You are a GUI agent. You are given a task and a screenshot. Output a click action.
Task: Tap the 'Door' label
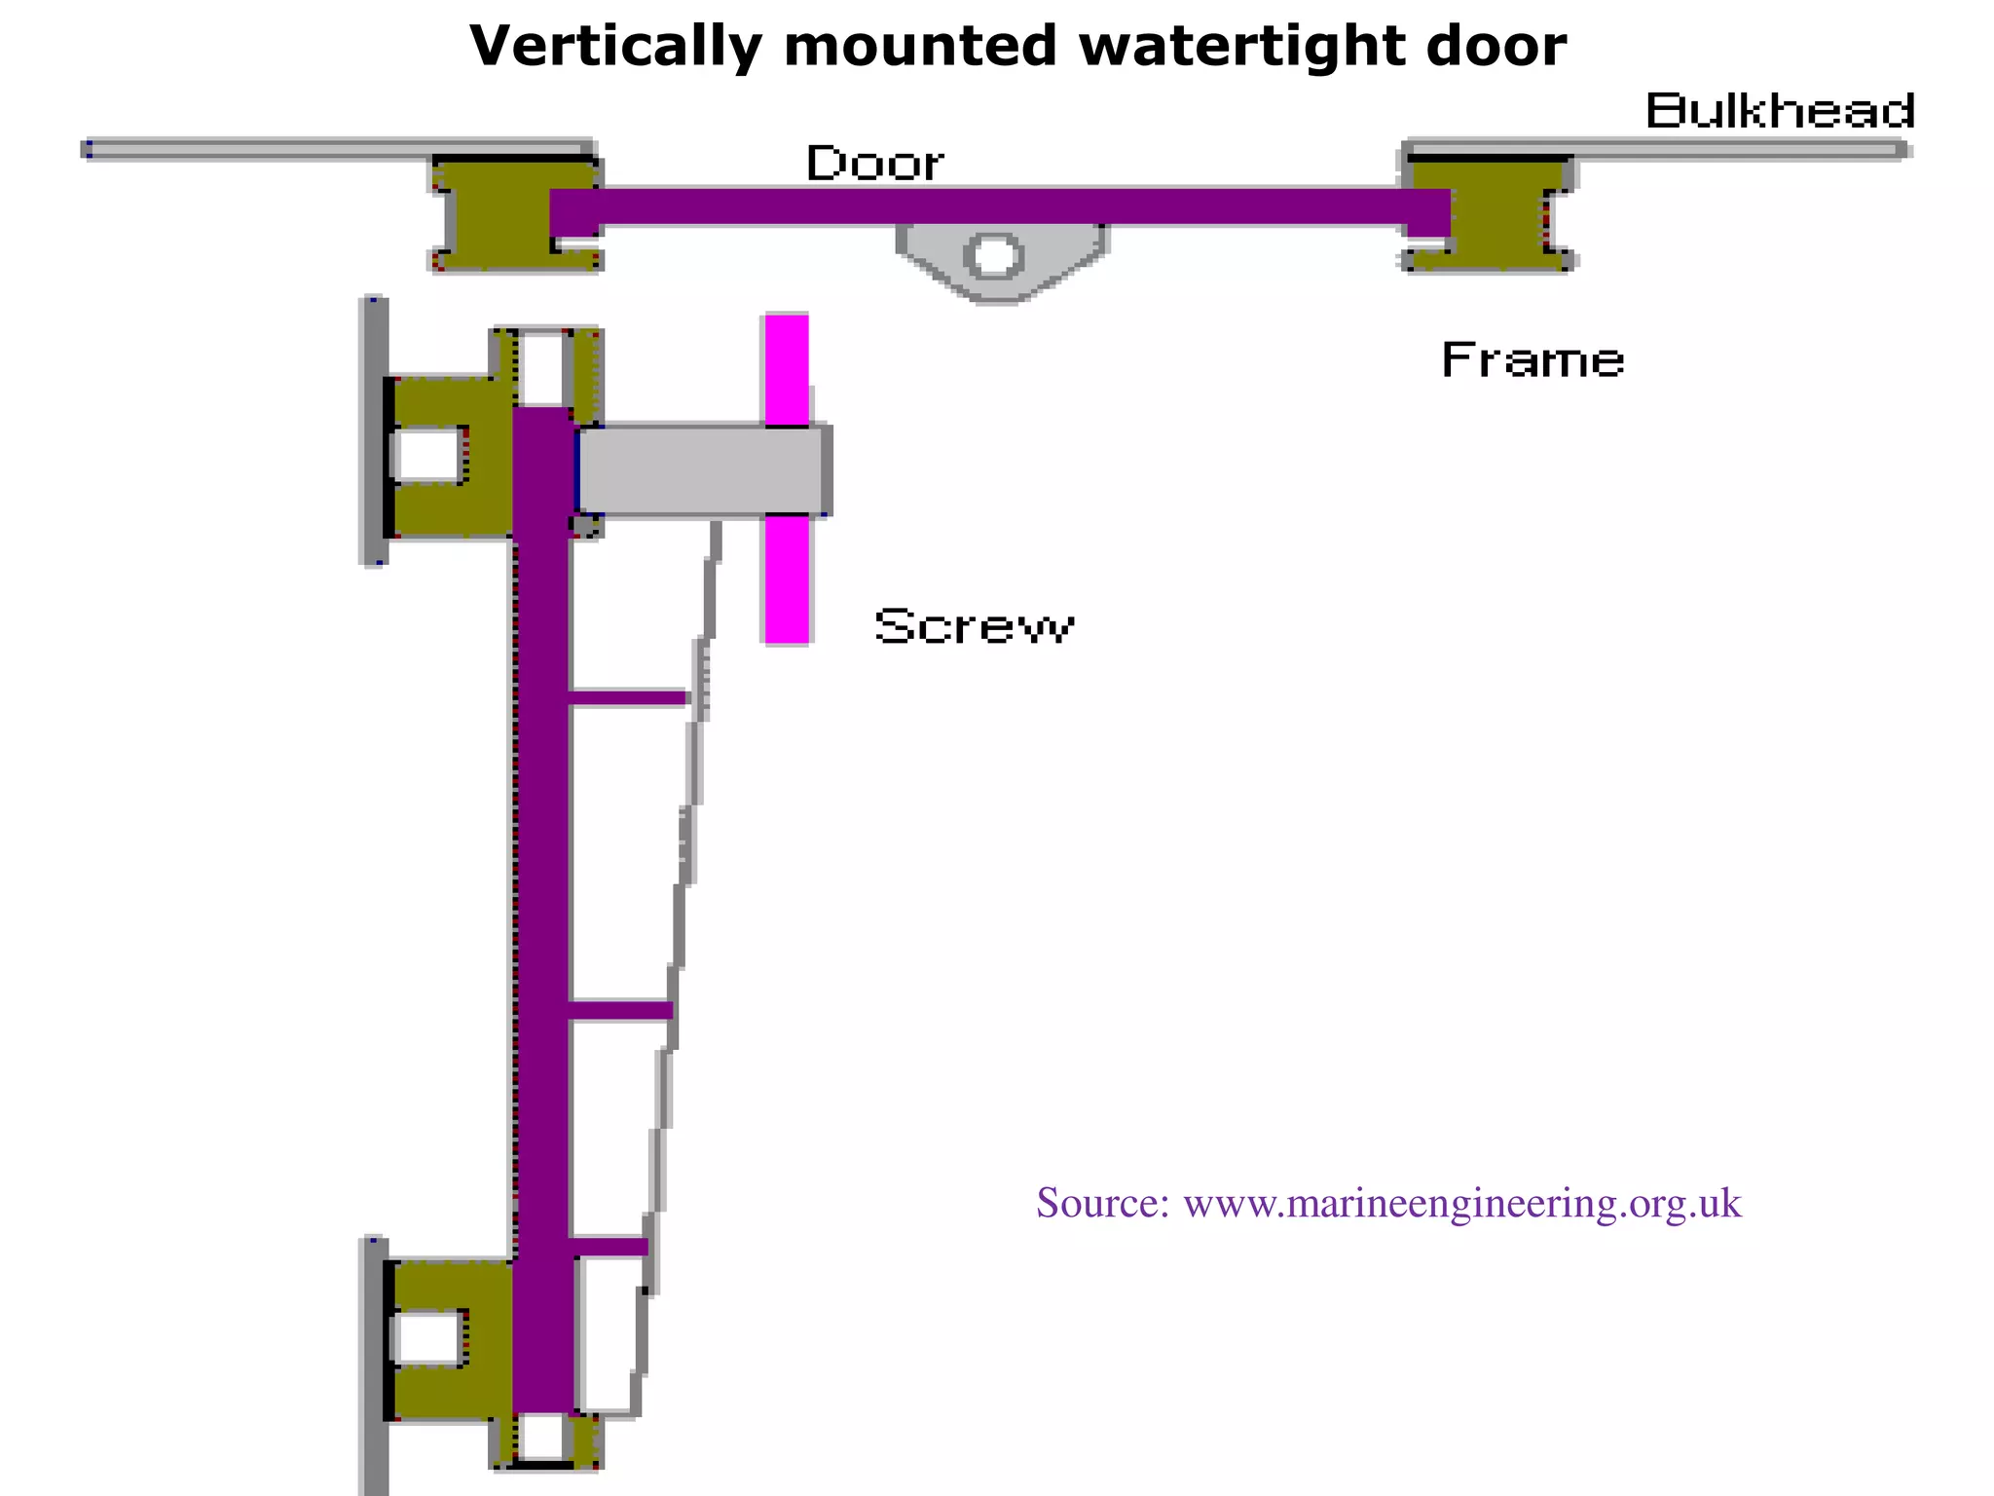tap(874, 163)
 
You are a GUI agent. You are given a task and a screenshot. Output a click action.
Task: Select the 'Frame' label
tap(1532, 360)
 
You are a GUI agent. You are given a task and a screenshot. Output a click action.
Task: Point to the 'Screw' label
tap(974, 625)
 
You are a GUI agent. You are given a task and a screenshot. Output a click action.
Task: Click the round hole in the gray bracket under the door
tap(993, 257)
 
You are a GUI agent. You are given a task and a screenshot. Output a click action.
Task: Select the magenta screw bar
tap(787, 584)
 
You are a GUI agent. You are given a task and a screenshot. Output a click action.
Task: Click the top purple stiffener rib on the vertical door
tap(629, 697)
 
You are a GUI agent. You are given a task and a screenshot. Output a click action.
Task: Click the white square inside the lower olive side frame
tap(428, 1338)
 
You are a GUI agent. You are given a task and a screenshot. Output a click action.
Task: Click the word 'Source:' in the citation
tap(1102, 1204)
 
